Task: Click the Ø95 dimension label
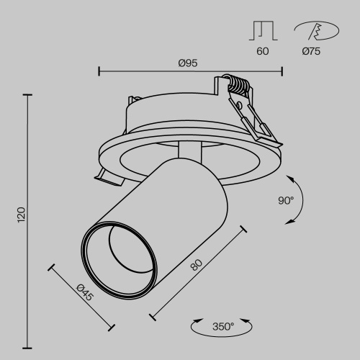pos(189,62)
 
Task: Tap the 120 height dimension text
pos(21,213)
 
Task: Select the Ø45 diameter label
pos(84,292)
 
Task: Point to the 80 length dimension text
pos(195,266)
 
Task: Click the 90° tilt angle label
pos(285,200)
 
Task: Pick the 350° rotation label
pos(222,326)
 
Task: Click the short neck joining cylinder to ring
pos(189,150)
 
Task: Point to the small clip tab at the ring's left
pos(105,175)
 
